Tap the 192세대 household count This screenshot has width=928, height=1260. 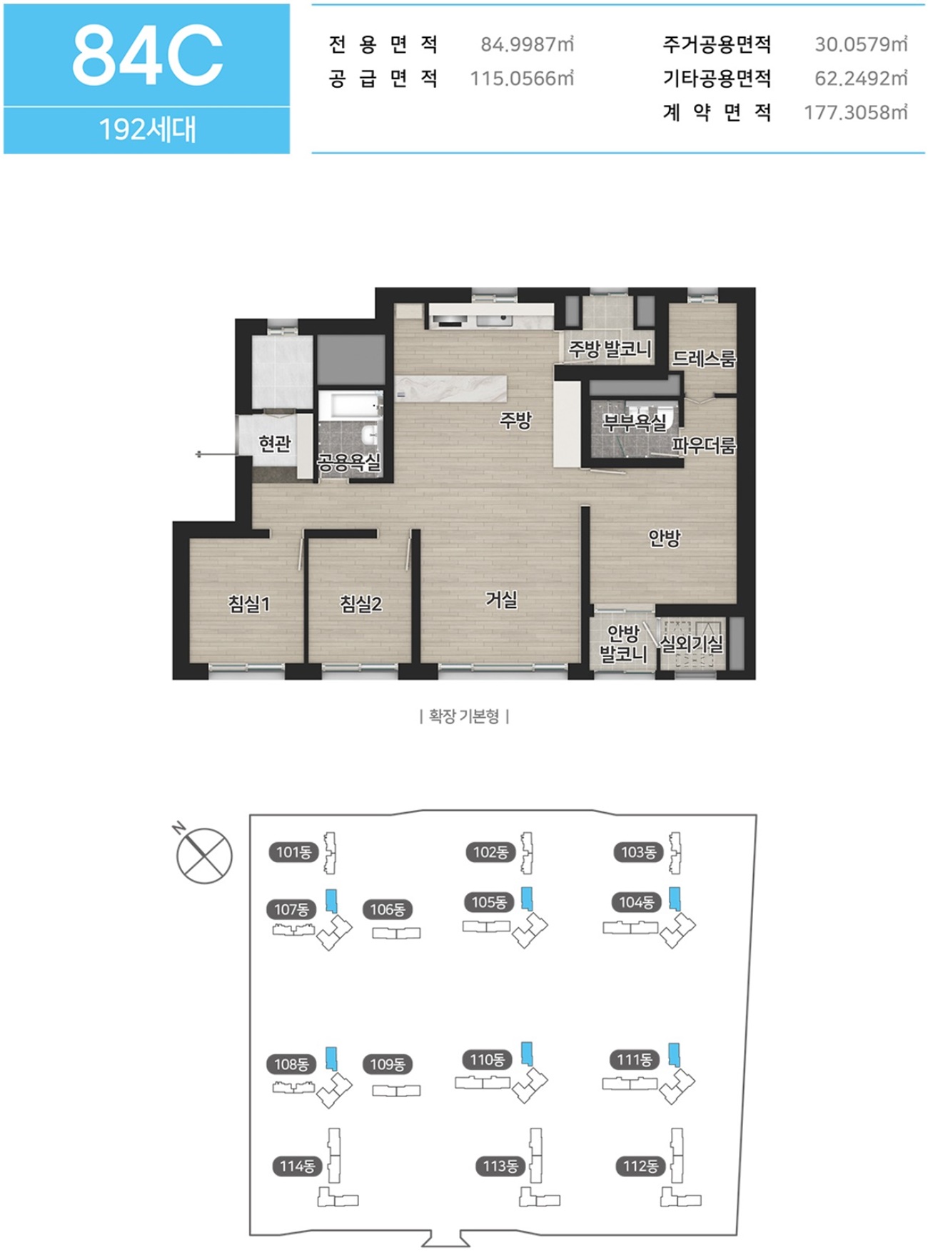pyautogui.click(x=147, y=130)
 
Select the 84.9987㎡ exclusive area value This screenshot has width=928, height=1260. pyautogui.click(x=527, y=44)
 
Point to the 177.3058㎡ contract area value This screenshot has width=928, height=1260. pyautogui.click(x=856, y=112)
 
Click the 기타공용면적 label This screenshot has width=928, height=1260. pyautogui.click(x=717, y=78)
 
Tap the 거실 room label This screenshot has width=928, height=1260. pyautogui.click(x=501, y=599)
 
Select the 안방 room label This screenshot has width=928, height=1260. pyautogui.click(x=664, y=538)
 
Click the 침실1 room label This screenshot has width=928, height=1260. pyautogui.click(x=249, y=604)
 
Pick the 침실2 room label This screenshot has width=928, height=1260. pyautogui.click(x=361, y=604)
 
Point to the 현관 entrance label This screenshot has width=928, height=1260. pyautogui.click(x=275, y=444)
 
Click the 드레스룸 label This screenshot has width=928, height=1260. pyautogui.click(x=704, y=358)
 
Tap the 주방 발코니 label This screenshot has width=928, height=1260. pyautogui.click(x=610, y=349)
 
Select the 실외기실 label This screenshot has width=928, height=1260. pyautogui.click(x=691, y=644)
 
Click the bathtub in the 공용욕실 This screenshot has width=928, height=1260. pyautogui.click(x=350, y=405)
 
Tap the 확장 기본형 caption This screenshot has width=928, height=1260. pyautogui.click(x=464, y=716)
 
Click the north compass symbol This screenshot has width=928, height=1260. pyautogui.click(x=203, y=854)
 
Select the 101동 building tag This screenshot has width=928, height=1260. pyautogui.click(x=293, y=851)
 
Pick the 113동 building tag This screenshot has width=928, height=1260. pyautogui.click(x=500, y=1166)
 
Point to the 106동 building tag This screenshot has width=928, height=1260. pyautogui.click(x=388, y=909)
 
